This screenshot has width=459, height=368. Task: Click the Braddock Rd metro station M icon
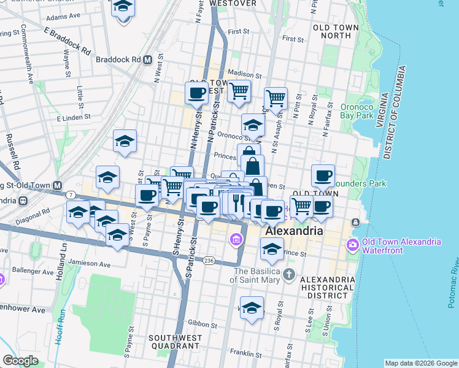coord(147,60)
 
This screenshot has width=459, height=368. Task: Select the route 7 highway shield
coord(72,194)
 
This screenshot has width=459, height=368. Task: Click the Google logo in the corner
coord(20,361)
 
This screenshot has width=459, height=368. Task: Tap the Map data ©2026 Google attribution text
coord(421,363)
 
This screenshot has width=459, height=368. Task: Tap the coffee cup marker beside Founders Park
coord(323,175)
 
